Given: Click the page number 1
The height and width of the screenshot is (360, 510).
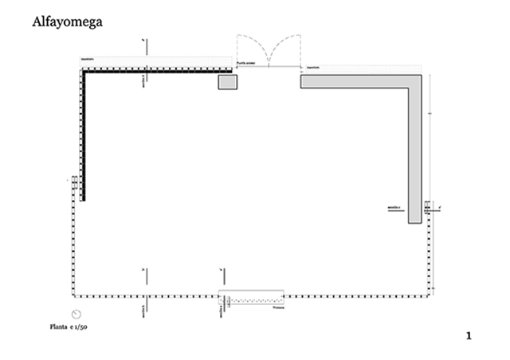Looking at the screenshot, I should (x=469, y=336).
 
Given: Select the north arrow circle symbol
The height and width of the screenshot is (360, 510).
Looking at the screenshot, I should (x=77, y=313).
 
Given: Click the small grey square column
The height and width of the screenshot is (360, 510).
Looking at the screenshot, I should (x=229, y=82).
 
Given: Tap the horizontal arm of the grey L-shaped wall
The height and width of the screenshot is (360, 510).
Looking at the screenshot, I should (x=359, y=80).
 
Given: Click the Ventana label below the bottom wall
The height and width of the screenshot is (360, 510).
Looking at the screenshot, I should (x=277, y=307).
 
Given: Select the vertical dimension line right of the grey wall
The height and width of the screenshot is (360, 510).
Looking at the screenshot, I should (x=430, y=143).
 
